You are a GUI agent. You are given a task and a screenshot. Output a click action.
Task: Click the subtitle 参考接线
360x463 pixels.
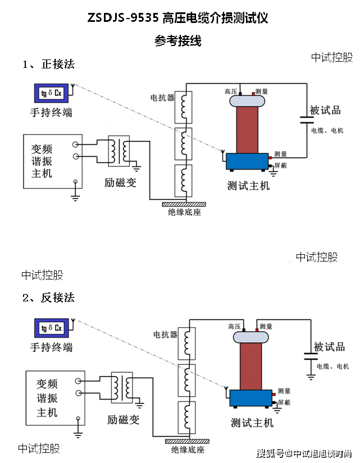tap(178, 41)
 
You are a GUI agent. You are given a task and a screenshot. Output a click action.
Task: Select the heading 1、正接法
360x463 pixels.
tap(49, 65)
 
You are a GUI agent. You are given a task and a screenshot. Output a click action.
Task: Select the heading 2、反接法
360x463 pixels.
tap(49, 297)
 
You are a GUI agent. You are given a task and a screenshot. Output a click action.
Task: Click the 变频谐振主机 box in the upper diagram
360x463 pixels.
tap(52, 162)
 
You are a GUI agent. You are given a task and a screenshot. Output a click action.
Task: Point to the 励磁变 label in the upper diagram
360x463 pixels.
tap(120, 183)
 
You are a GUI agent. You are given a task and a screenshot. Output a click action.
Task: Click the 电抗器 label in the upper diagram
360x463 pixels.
tap(162, 98)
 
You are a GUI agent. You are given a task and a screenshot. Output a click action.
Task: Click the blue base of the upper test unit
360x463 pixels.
tap(249, 162)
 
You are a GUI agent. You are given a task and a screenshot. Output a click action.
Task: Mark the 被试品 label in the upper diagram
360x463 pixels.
tap(326, 111)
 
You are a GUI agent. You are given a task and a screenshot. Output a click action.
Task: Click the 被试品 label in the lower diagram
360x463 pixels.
tap(329, 347)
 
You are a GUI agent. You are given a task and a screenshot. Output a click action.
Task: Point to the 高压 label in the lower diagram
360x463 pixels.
tap(234, 326)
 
